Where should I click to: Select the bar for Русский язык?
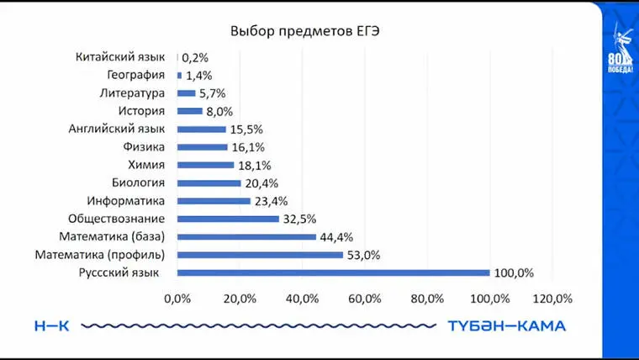click(333, 273)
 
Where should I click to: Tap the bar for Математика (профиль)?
click(260, 255)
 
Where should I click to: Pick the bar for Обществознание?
click(228, 219)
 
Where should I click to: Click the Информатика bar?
click(214, 201)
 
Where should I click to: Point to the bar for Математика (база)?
click(246, 237)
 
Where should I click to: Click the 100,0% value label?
click(514, 273)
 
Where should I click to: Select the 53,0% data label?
click(363, 255)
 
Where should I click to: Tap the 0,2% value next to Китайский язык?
click(195, 58)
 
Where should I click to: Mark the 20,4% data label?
click(261, 183)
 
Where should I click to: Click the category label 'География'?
click(141, 75)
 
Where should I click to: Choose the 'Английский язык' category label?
click(117, 129)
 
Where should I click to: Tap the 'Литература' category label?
click(132, 93)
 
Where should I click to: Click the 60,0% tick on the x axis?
click(364, 298)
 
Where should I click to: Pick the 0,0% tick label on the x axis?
click(177, 298)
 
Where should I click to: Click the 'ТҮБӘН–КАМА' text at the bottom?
click(506, 326)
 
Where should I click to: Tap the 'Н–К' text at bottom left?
click(52, 326)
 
